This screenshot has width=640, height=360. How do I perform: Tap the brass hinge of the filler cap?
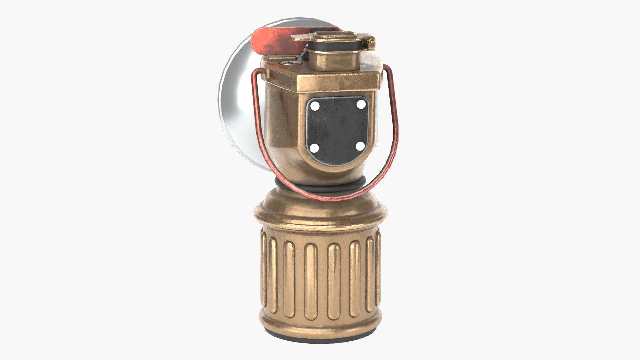click(x=370, y=42)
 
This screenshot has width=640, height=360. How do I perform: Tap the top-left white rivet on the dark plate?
click(x=315, y=106)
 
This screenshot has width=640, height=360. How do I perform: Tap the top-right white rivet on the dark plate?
click(x=361, y=104)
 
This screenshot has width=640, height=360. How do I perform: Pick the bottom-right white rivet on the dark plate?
click(x=360, y=146)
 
